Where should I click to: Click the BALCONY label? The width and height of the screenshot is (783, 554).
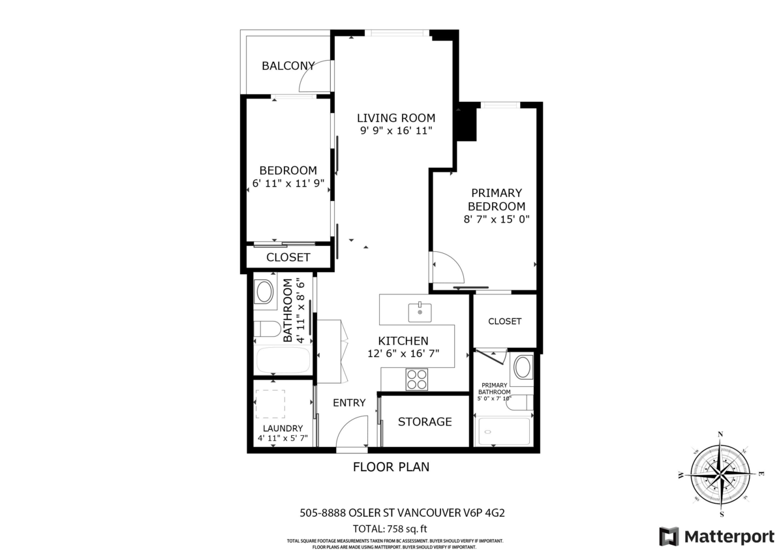click(x=288, y=65)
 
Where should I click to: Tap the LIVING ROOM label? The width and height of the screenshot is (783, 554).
click(x=395, y=118)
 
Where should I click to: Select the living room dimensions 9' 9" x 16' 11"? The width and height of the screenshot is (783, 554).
click(x=395, y=131)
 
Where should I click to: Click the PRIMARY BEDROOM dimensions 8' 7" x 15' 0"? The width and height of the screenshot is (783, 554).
click(x=497, y=220)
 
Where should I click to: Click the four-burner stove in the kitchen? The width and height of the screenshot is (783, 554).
click(x=416, y=379)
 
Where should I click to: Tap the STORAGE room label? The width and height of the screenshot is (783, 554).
click(x=425, y=422)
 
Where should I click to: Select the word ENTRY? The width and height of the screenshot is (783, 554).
click(x=349, y=403)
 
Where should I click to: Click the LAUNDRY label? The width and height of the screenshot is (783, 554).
click(x=283, y=428)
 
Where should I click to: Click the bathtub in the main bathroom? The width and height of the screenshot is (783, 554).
click(x=283, y=360)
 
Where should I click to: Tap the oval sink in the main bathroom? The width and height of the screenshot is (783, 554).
click(x=264, y=292)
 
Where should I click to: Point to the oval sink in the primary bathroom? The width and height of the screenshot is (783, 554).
click(x=522, y=367)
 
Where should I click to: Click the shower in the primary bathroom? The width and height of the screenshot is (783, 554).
click(x=504, y=431)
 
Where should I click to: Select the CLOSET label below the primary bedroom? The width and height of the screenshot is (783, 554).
click(x=504, y=321)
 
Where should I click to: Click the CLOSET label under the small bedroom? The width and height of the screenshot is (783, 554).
click(x=288, y=257)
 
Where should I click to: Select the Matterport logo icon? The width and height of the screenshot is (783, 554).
click(x=669, y=536)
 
